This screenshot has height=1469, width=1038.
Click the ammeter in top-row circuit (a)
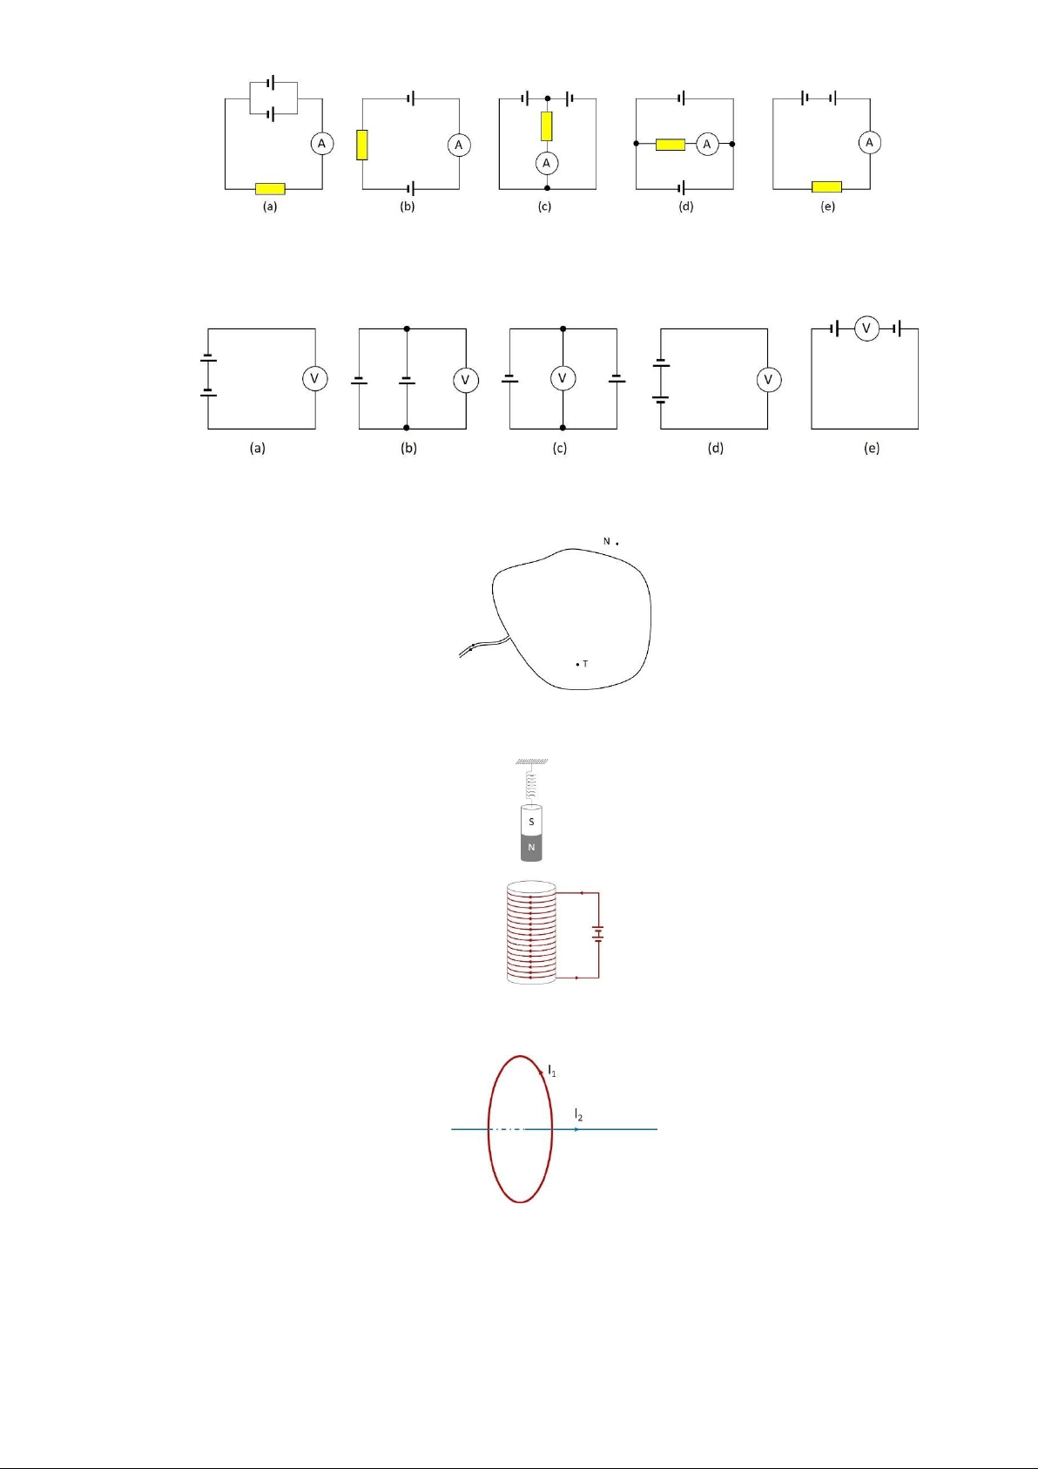[x=321, y=144]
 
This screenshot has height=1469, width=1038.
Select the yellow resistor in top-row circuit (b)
[x=361, y=145]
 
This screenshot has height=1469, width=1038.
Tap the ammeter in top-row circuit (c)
[x=547, y=163]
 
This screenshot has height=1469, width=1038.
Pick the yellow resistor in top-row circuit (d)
[x=671, y=145]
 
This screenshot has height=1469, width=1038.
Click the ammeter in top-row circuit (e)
[x=870, y=142]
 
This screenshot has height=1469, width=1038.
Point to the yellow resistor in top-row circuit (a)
[x=270, y=189]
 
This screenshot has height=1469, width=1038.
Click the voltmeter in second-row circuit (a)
[x=314, y=378]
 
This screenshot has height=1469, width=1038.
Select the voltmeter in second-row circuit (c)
[x=563, y=378]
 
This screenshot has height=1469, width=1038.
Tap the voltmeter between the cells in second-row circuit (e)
[x=866, y=328]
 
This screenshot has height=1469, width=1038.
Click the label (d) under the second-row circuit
[x=715, y=448]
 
